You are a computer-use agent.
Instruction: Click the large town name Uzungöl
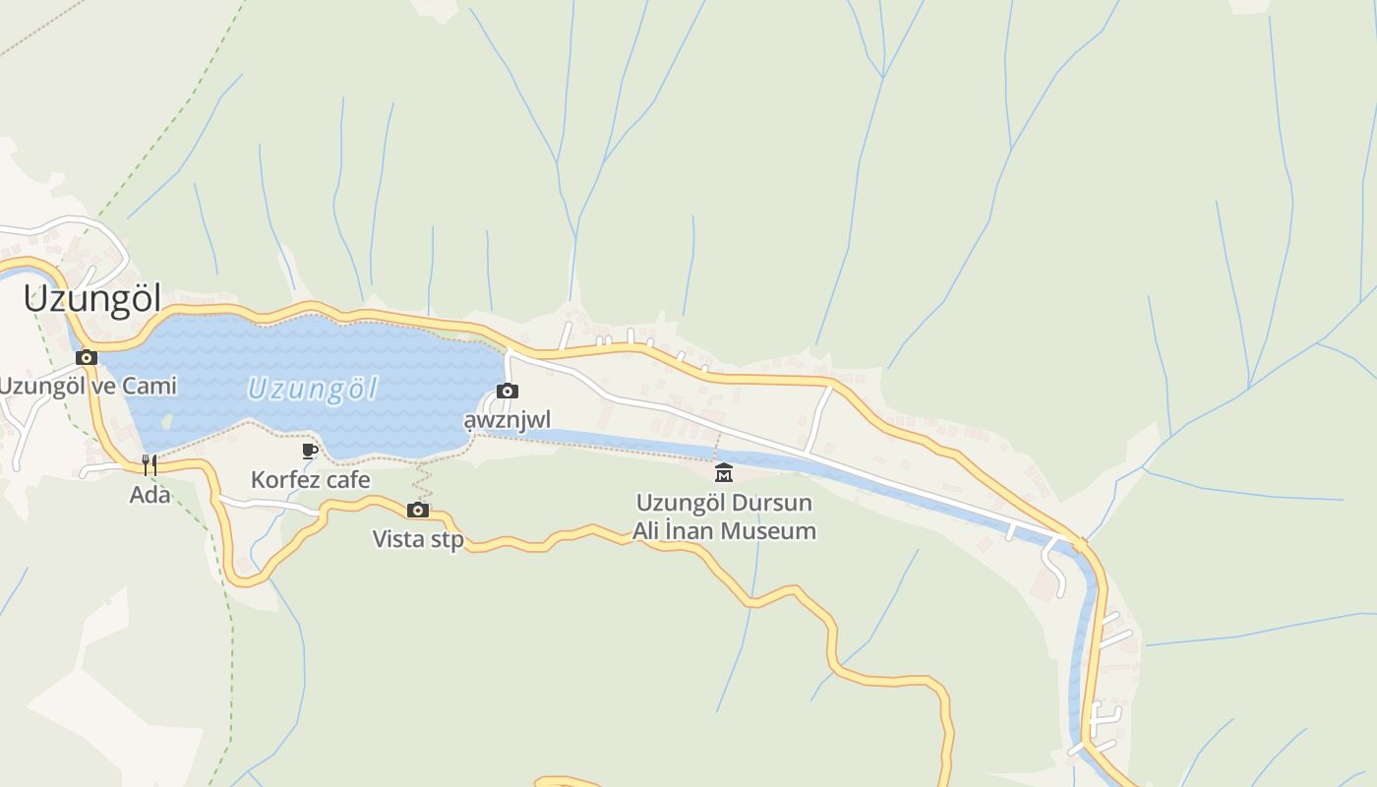click(91, 299)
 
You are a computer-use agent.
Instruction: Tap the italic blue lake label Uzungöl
click(312, 390)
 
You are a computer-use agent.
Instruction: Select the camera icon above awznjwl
click(508, 391)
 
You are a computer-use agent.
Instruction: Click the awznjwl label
click(508, 421)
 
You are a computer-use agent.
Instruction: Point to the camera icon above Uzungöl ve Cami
click(87, 357)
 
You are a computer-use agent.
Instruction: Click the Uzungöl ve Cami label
click(88, 386)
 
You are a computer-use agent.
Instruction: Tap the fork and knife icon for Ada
click(150, 464)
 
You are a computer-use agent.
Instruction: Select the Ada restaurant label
click(150, 495)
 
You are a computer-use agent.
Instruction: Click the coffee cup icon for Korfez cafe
click(310, 451)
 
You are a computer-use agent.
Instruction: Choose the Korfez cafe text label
click(311, 480)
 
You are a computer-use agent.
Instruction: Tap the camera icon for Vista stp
click(418, 510)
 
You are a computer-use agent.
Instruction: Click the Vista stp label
click(418, 539)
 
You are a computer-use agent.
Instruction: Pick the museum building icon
click(724, 472)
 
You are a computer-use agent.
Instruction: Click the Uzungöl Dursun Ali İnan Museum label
click(724, 517)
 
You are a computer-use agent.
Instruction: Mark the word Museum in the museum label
click(767, 532)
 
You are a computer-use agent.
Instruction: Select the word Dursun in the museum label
click(767, 503)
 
